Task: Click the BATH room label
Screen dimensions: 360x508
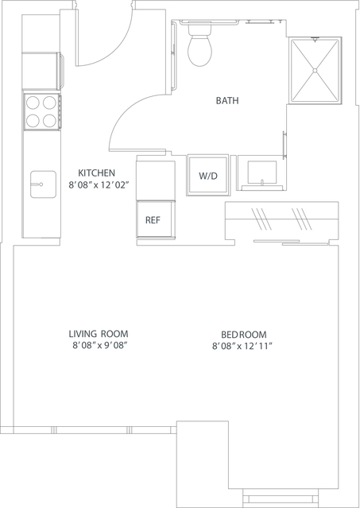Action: point(227,100)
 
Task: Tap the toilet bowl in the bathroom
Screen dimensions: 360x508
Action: point(199,50)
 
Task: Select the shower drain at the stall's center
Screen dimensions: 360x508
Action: point(315,70)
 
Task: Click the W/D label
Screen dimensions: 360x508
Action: point(208,176)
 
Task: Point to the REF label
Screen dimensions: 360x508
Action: point(153,220)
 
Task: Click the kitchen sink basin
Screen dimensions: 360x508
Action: point(43,184)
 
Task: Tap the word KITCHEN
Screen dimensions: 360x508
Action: point(96,173)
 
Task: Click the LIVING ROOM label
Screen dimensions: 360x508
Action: point(99,333)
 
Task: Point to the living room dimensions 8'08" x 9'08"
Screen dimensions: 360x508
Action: point(99,346)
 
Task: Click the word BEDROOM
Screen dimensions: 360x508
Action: point(243,334)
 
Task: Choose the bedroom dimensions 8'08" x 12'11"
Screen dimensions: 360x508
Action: point(242,347)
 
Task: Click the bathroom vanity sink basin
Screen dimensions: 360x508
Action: point(262,173)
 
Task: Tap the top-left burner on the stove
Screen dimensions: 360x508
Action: point(33,103)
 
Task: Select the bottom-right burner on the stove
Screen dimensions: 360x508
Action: point(49,121)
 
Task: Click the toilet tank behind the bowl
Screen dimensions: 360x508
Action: point(199,29)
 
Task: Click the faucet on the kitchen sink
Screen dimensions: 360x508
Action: point(37,184)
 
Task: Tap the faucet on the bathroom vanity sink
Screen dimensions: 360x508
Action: point(262,182)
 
